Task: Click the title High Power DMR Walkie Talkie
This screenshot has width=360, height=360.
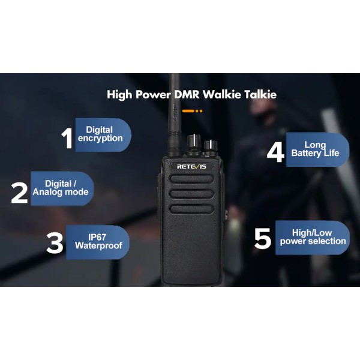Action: pos(191,94)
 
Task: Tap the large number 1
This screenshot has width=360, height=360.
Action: pos(67,137)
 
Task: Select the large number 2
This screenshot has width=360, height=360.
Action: pos(20,192)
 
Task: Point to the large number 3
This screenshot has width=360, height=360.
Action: pos(55,243)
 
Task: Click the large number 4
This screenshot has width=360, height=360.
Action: pos(275,152)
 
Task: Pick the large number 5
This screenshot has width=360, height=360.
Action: pos(263,238)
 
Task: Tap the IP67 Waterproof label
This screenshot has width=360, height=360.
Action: pos(98,241)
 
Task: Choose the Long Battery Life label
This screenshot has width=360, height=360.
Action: pos(315,149)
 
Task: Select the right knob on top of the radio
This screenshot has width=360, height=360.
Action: pos(211,146)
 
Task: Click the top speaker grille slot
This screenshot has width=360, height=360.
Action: pos(190,179)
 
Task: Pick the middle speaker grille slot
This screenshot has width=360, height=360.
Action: pos(190,194)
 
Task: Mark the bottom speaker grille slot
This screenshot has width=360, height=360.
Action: pos(190,209)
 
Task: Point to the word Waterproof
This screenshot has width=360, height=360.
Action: pos(98,246)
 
